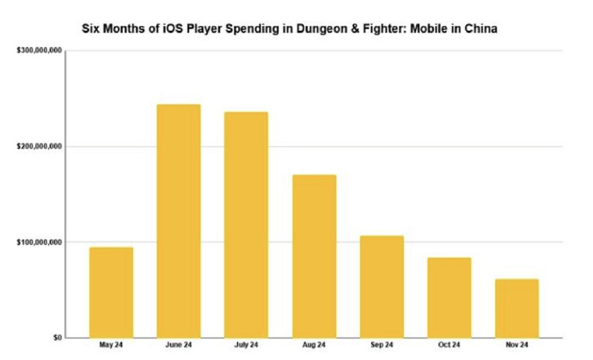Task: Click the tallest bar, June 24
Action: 179,221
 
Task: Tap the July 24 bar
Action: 246,224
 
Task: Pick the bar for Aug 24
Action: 314,256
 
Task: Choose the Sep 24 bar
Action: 381,286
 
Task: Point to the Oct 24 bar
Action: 449,297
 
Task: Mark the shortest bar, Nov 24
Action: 517,308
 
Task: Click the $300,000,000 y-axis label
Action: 38,52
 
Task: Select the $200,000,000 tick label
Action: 38,147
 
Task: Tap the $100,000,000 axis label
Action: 38,242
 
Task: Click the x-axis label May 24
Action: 111,345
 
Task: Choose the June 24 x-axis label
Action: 179,345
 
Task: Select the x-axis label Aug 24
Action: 314,345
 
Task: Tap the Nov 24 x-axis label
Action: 517,345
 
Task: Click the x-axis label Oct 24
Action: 449,345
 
